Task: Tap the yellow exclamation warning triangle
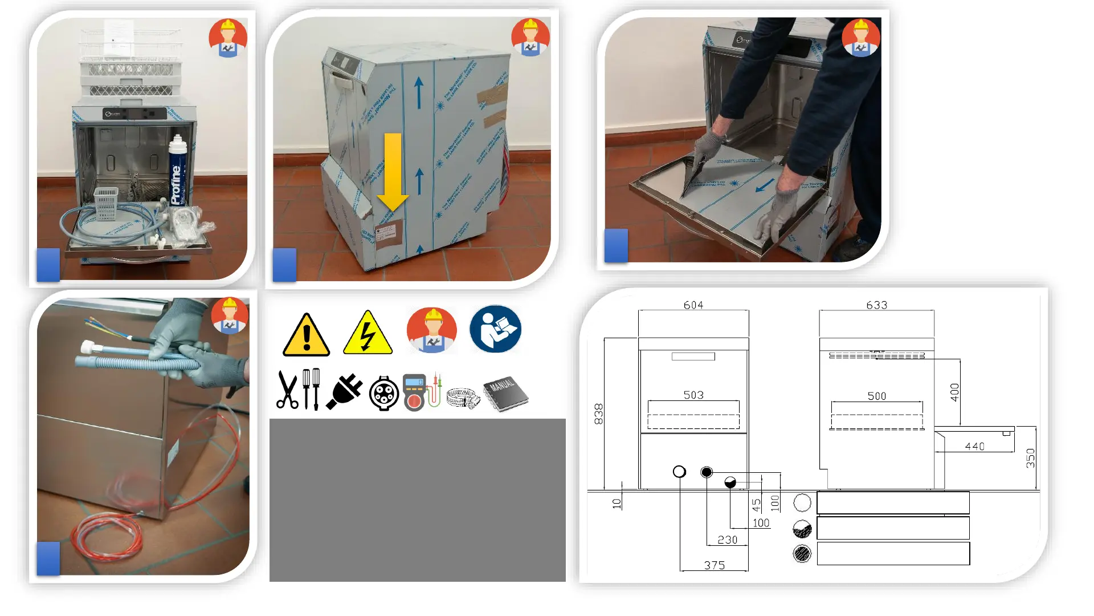307,336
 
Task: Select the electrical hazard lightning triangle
368,334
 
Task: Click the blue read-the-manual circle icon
495,329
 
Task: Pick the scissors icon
287,391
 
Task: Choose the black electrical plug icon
345,392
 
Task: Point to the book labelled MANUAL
505,393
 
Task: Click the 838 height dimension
598,414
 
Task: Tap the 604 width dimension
693,305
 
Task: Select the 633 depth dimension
876,305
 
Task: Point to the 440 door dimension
974,446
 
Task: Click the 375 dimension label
714,565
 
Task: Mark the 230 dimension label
727,540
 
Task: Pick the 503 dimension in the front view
693,395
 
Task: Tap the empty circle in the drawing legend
802,502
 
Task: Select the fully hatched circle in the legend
802,554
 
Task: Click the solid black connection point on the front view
707,472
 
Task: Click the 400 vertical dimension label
954,392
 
